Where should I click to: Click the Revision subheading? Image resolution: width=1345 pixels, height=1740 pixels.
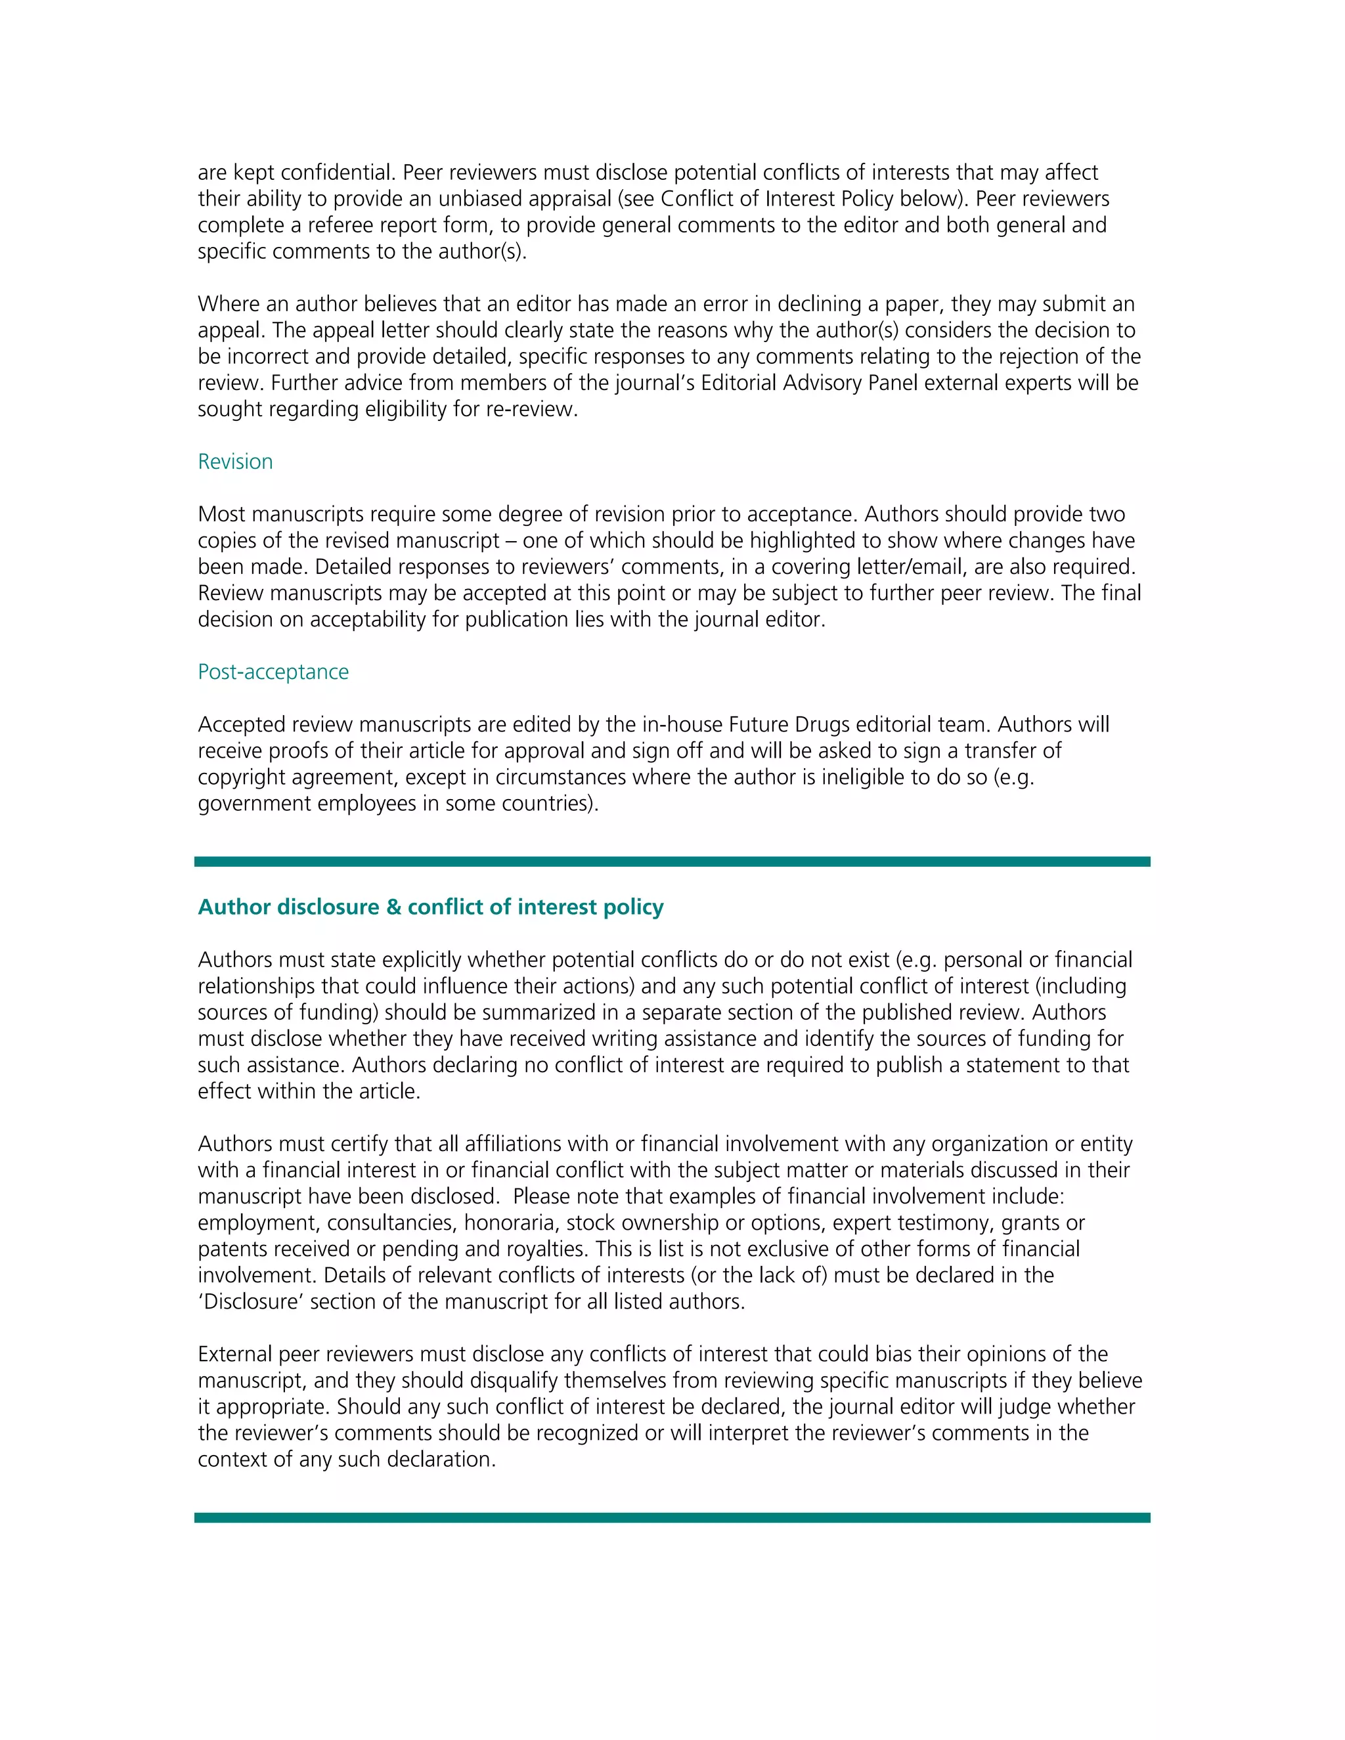tap(235, 462)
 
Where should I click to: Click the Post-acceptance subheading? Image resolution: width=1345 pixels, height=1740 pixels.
tap(273, 672)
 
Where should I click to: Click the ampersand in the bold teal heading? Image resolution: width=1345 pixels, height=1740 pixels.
tap(393, 907)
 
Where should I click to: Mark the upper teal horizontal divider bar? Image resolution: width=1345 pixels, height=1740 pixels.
tap(672, 862)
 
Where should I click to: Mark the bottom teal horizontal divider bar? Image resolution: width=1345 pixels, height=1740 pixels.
tap(672, 1517)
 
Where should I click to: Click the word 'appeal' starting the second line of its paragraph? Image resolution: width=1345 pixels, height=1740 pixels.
tap(229, 332)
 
